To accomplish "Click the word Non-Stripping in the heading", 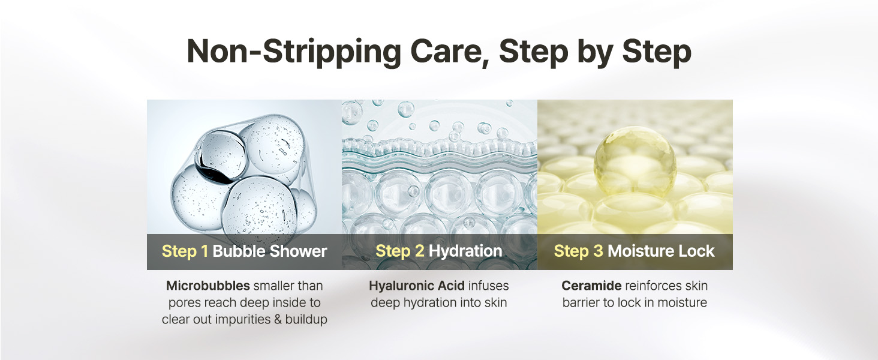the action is point(294,52).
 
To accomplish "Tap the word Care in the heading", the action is point(448,52).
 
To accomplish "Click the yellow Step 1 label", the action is point(185,251).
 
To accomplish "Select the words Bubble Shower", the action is point(270,251).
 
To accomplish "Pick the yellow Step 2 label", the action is point(400,251).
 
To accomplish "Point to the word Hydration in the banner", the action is point(465,251).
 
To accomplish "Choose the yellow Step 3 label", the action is point(578,251).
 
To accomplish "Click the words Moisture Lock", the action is point(661,251).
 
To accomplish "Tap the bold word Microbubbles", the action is point(208,286).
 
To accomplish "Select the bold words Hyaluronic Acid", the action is point(417,286).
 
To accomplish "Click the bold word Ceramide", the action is point(591,286).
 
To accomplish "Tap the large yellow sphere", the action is point(635,161).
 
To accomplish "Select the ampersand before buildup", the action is point(278,320).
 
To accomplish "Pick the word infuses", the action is point(488,286).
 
